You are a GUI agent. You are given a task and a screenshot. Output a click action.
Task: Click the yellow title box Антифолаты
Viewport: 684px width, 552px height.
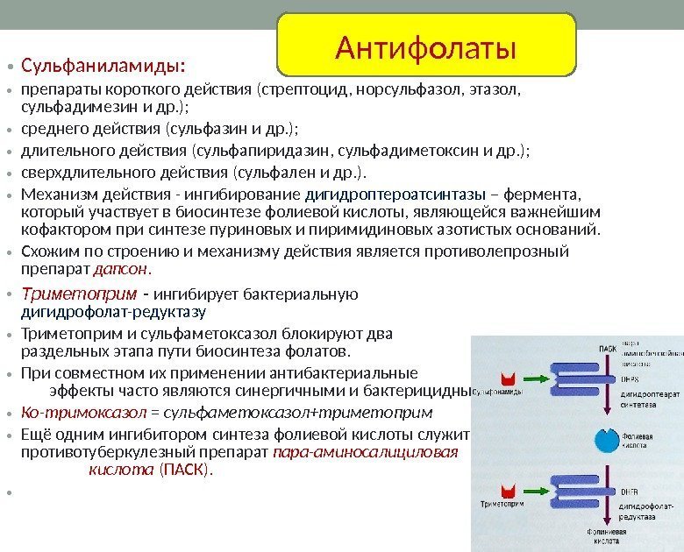(x=426, y=44)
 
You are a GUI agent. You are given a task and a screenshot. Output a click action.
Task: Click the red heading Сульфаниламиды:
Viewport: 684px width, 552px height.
(x=103, y=67)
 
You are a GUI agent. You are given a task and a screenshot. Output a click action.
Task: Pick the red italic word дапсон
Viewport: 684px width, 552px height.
(x=122, y=268)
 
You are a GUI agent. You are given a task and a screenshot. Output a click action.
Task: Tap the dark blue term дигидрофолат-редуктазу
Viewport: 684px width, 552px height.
(x=113, y=311)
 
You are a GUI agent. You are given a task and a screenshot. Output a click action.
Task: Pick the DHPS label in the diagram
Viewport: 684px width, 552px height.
(x=631, y=379)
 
